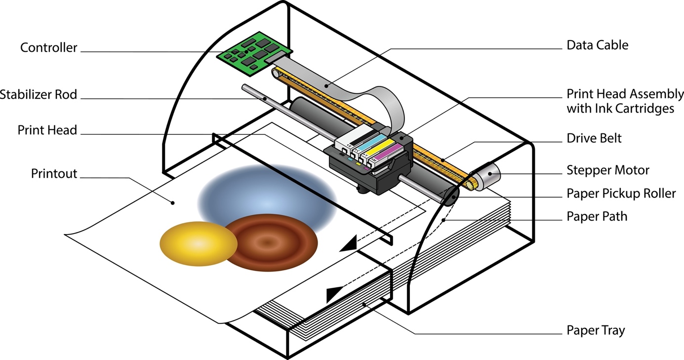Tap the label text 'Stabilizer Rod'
[x=39, y=94]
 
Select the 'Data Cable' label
[x=597, y=45]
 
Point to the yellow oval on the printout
[x=199, y=244]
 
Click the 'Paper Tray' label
[x=595, y=330]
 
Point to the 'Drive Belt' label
[x=594, y=138]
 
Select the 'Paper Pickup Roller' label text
[x=621, y=194]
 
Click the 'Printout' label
[x=54, y=174]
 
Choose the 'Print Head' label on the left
[x=47, y=130]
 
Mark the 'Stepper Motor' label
[x=607, y=170]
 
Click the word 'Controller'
[x=48, y=48]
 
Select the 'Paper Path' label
[x=597, y=216]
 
